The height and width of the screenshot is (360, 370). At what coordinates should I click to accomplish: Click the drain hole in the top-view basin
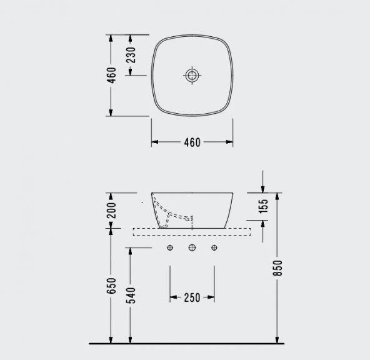[x=192, y=76]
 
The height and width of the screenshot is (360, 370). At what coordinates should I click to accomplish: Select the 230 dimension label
[x=131, y=54]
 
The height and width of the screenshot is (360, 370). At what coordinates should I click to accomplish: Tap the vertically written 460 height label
[x=111, y=75]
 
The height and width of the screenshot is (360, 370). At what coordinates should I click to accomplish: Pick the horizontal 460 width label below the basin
[x=192, y=142]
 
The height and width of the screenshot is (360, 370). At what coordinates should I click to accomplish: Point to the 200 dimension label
[x=111, y=210]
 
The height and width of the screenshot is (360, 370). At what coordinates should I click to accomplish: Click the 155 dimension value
[x=263, y=207]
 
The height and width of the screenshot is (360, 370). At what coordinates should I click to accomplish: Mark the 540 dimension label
[x=131, y=295]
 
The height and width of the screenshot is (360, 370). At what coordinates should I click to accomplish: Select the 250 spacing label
[x=192, y=297]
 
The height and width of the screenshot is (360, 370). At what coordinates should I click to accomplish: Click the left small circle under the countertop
[x=170, y=249]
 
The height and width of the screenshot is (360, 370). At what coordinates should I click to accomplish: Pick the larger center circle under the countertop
[x=192, y=249]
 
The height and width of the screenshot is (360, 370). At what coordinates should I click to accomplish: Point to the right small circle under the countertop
[x=214, y=249]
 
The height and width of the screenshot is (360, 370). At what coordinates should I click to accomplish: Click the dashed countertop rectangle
[x=192, y=232]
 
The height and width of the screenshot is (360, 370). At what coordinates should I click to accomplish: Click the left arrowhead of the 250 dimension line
[x=173, y=297]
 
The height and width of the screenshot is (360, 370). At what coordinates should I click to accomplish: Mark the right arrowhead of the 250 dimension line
[x=211, y=297]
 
